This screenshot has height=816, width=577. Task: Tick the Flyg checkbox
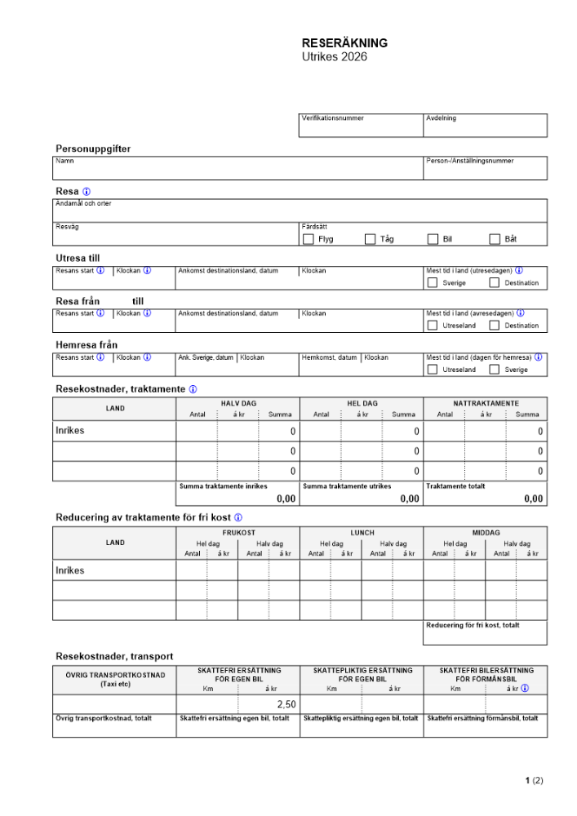308,239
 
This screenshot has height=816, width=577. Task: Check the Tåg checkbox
371,239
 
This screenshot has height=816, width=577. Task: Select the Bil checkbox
433,239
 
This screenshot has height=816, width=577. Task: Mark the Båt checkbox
495,239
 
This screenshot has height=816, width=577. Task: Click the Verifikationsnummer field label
333,118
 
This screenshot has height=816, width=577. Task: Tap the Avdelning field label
442,118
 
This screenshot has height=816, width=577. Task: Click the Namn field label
64,162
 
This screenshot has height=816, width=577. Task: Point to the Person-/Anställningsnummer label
470,162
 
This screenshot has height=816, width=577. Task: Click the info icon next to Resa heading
87,191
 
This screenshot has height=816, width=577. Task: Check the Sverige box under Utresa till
433,282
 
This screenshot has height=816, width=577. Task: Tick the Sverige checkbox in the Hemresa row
495,369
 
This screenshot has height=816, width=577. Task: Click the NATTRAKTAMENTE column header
486,403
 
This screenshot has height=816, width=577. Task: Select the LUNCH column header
362,532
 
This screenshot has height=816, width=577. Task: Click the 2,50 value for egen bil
286,704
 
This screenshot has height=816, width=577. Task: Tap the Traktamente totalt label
455,486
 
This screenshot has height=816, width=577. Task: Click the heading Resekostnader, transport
114,656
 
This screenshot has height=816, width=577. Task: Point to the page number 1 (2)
534,781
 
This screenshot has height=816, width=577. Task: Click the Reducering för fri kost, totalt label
473,626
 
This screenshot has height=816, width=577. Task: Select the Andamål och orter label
83,204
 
